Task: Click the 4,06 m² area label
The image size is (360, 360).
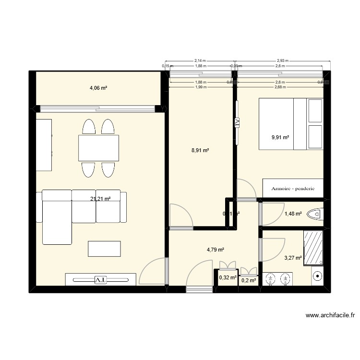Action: pyautogui.click(x=98, y=88)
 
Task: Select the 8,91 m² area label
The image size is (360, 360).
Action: pyautogui.click(x=200, y=150)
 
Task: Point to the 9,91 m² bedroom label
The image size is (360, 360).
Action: pyautogui.click(x=280, y=137)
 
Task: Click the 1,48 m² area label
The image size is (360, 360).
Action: pyautogui.click(x=293, y=214)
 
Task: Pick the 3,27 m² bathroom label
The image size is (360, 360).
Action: pyautogui.click(x=293, y=258)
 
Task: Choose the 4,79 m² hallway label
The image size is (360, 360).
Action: pyautogui.click(x=216, y=250)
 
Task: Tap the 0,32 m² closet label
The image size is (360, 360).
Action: pyautogui.click(x=227, y=277)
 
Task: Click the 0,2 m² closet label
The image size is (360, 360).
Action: pyautogui.click(x=249, y=280)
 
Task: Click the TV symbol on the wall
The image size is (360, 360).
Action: pyautogui.click(x=237, y=122)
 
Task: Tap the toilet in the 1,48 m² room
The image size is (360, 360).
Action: pyautogui.click(x=317, y=214)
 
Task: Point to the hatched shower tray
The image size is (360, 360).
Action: pyautogui.click(x=313, y=248)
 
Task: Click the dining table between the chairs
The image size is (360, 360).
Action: pyautogui.click(x=99, y=148)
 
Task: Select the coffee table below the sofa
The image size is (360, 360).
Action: pyautogui.click(x=104, y=249)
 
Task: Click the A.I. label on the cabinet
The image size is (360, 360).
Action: pyautogui.click(x=101, y=279)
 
